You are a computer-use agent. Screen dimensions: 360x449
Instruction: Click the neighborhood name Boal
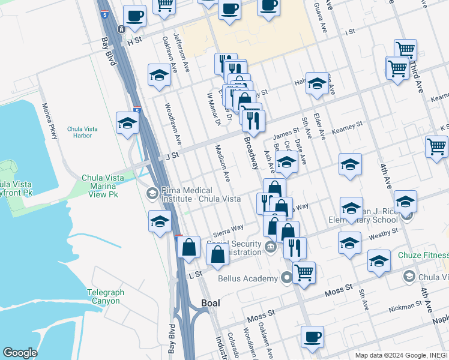click(210, 303)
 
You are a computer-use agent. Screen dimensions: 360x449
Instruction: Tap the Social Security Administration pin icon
click(271, 246)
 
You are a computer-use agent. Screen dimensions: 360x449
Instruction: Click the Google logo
click(20, 353)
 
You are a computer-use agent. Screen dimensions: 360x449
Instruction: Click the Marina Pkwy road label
click(49, 121)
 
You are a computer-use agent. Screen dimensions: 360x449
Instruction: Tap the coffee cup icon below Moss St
click(312, 337)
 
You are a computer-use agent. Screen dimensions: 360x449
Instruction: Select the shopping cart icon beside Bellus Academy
click(304, 272)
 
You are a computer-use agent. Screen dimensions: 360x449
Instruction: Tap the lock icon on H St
click(121, 29)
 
